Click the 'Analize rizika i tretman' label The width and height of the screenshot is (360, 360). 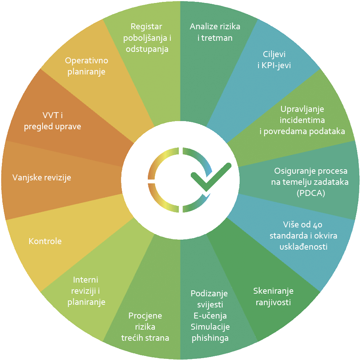coord(215,32)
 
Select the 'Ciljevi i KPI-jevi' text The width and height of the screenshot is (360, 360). coord(274,59)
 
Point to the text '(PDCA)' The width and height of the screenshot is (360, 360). coord(311,193)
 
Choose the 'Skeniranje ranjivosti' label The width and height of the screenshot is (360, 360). coord(272,296)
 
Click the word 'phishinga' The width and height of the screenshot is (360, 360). coord(210,338)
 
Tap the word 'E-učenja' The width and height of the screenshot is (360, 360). coord(210,316)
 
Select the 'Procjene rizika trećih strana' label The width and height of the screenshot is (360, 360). coord(145,327)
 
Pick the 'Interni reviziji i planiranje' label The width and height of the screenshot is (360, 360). coord(86,291)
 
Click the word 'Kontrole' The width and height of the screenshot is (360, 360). coord(45,241)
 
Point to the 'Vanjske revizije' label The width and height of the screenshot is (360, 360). coord(41,178)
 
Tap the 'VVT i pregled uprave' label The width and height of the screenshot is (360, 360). coord(52,121)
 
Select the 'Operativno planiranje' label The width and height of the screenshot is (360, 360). coord(86,66)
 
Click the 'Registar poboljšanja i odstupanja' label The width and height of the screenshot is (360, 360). coord(147,38)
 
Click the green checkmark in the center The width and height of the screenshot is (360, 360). coord(210,177)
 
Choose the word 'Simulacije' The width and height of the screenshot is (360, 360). coord(210,327)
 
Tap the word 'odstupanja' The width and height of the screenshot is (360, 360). coord(147,49)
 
